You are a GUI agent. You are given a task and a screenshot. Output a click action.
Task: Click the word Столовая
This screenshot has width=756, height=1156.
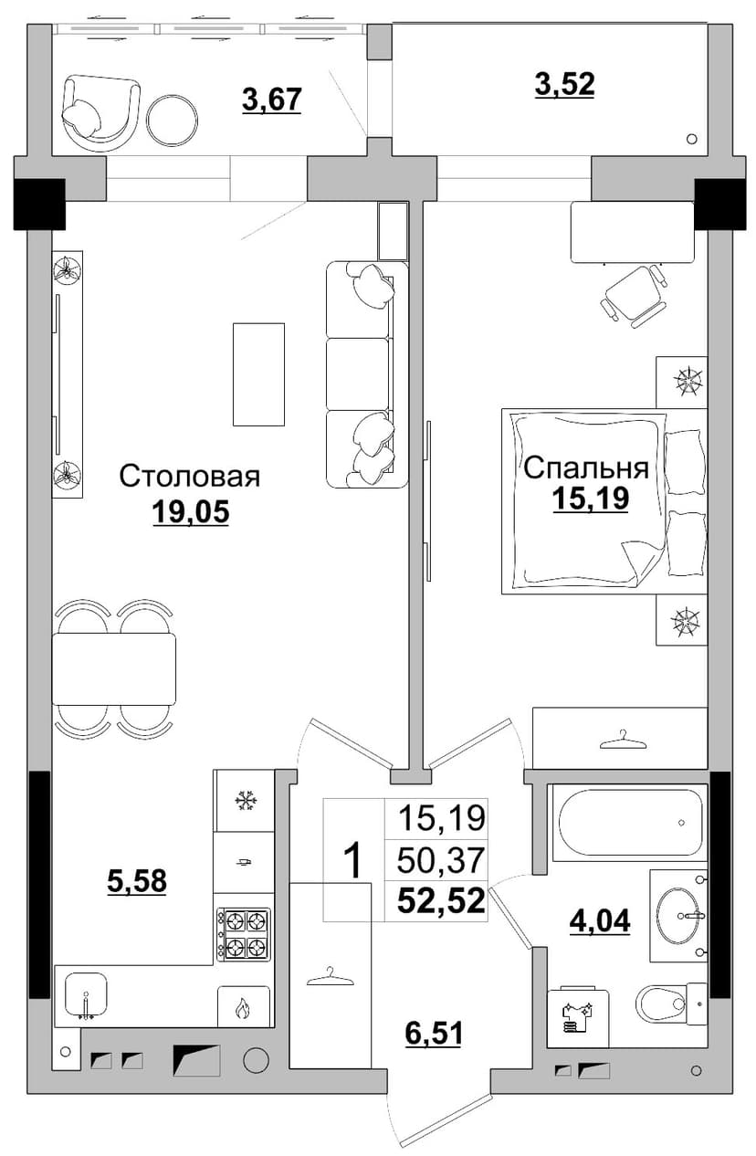[189, 477]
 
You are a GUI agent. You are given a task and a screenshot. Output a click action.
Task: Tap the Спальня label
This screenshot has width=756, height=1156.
[585, 468]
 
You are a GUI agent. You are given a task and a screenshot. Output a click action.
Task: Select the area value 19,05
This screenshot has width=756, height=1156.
[191, 512]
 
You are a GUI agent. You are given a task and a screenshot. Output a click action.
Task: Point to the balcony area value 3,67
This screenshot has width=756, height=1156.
[271, 100]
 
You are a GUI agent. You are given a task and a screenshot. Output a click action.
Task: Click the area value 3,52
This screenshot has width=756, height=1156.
[564, 84]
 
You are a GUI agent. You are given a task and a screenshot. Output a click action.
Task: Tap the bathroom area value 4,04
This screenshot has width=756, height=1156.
[600, 920]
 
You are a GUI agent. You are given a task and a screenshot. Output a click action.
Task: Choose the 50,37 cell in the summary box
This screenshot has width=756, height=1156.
[441, 860]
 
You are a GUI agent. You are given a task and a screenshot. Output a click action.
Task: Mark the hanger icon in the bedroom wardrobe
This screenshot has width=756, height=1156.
[623, 741]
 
